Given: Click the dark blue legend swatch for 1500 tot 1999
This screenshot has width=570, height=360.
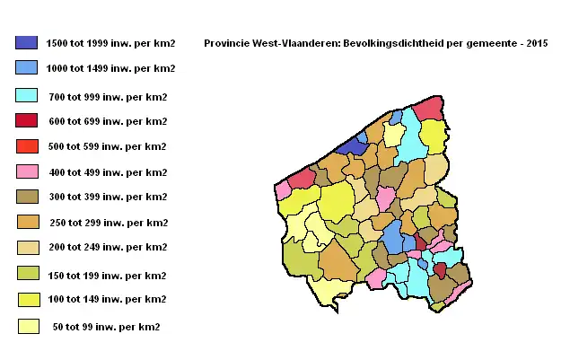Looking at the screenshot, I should pos(26,42).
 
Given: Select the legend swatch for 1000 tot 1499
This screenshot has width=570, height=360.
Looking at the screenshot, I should pos(26,67).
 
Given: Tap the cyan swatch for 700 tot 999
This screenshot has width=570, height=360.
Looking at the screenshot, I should pos(26,95).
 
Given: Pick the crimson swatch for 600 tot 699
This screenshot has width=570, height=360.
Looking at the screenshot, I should pos(26,120).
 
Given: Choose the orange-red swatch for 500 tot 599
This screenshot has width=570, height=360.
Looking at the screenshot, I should pos(26,145).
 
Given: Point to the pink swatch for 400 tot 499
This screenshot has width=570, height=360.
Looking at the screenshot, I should pos(26,171).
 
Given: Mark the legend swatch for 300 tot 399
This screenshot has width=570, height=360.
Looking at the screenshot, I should pos(26,196).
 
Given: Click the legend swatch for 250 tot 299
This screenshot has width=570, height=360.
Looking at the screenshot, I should pos(26,222).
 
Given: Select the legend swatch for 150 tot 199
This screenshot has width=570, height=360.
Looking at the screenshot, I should pos(26,273).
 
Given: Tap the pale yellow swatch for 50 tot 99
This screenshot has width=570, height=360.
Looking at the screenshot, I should pos(26,326).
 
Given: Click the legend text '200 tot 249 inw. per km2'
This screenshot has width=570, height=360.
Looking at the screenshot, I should pos(107,247).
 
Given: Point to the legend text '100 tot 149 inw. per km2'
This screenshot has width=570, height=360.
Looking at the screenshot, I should pos(107,299).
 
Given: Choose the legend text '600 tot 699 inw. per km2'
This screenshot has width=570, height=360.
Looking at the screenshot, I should pos(107,121).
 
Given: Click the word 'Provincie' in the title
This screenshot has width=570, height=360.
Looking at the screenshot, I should pos(226,43).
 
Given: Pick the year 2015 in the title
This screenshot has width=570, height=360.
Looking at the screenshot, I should pos(535,43).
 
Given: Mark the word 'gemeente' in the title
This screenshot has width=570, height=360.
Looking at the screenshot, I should pos(494,43).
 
